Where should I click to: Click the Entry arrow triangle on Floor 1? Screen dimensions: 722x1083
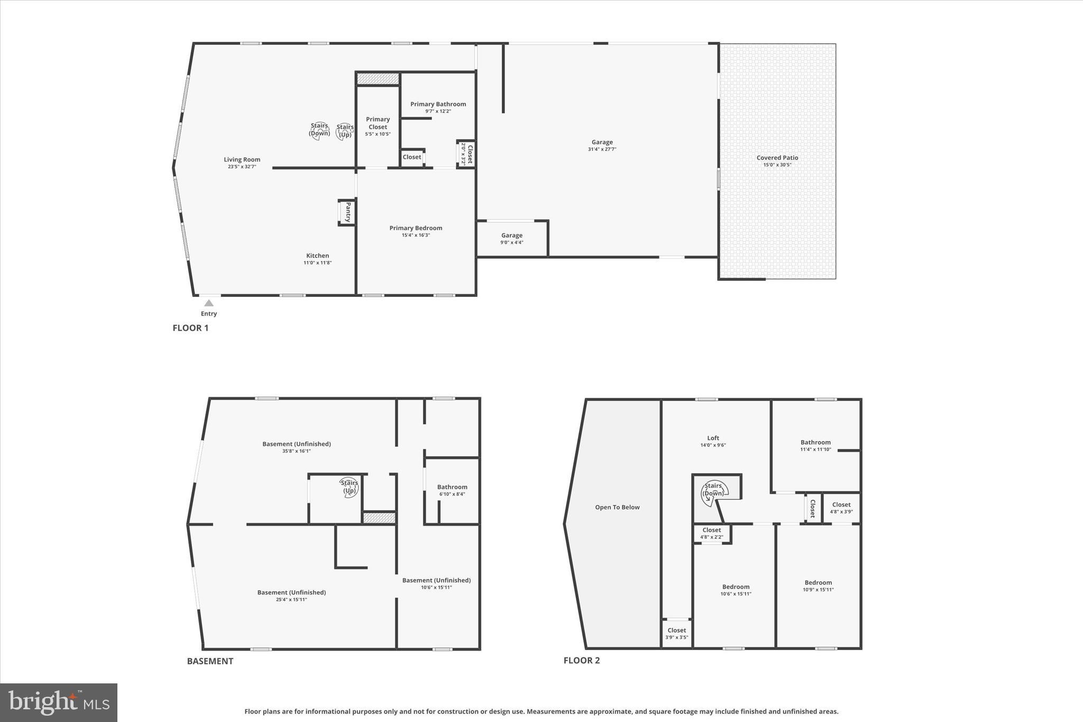[x=209, y=303]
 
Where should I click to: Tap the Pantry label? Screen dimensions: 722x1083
[x=348, y=212]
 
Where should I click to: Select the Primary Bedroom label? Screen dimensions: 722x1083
[x=416, y=228]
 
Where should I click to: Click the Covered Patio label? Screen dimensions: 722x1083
[x=777, y=158]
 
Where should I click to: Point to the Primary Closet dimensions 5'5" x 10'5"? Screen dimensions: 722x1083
[x=378, y=134]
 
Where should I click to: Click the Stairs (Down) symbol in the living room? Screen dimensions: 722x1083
[x=319, y=130]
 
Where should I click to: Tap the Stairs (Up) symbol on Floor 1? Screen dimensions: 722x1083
[x=345, y=131]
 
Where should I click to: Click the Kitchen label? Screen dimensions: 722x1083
[x=317, y=255]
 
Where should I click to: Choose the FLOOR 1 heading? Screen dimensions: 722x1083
[x=190, y=328]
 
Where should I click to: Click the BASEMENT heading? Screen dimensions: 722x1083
[x=210, y=661]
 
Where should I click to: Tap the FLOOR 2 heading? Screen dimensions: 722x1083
[x=581, y=660]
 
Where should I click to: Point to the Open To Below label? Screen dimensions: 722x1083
[x=617, y=507]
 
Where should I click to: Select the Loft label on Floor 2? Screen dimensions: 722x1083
[x=713, y=438]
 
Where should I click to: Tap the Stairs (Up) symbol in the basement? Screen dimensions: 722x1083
[x=350, y=487]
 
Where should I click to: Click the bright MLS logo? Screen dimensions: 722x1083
[x=59, y=702]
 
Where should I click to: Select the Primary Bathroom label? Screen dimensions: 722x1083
[x=438, y=104]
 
